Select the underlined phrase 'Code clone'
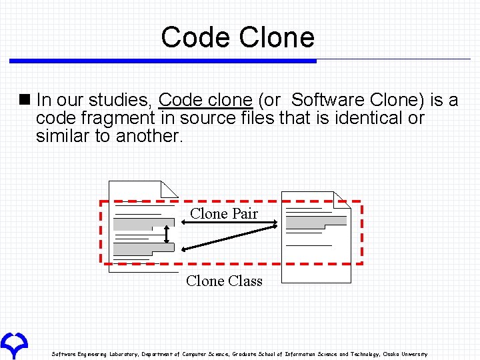[205, 101]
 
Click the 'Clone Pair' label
[223, 214]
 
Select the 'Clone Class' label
[224, 281]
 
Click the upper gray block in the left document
[137, 224]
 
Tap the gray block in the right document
[316, 220]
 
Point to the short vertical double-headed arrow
[167, 233]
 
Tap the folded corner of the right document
[342, 199]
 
